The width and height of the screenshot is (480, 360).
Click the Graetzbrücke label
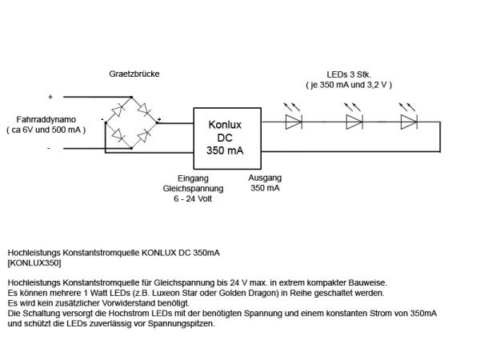pyautogui.click(x=134, y=74)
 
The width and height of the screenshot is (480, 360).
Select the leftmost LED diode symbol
pyautogui.click(x=294, y=122)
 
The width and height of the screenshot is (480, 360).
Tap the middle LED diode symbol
pyautogui.click(x=354, y=122)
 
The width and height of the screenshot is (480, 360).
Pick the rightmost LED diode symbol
pyautogui.click(x=409, y=122)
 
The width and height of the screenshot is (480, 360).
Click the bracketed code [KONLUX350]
pyautogui.click(x=33, y=262)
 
